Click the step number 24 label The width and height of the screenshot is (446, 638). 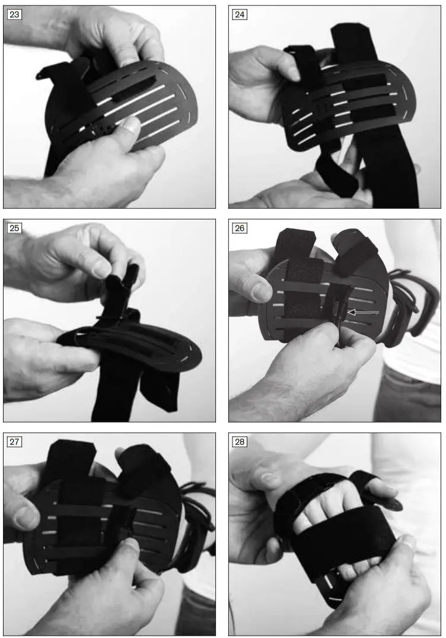[240, 15]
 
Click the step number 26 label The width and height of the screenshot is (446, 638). [240, 228]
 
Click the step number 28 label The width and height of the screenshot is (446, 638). [240, 442]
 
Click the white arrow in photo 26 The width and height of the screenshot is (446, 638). [362, 312]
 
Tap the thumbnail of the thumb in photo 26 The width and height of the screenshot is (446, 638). [260, 291]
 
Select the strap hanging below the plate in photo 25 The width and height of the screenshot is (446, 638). [113, 386]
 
